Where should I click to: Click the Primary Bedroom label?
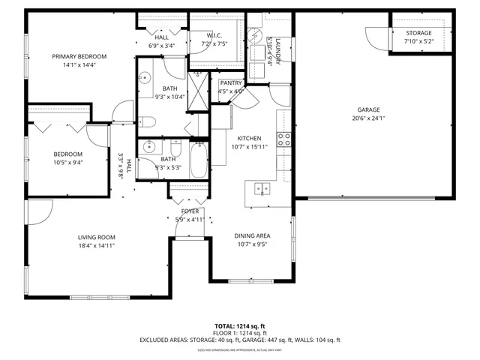[x=79, y=56]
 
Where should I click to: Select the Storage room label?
[x=418, y=33]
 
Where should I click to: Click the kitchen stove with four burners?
[x=284, y=138]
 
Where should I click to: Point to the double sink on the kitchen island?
[x=260, y=188]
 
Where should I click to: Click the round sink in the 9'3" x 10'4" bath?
[x=145, y=77]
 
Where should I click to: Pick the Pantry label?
[x=231, y=82]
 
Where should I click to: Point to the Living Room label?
[x=97, y=238]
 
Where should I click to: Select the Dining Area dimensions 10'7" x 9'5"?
[x=253, y=244]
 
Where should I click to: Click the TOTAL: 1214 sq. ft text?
[x=240, y=325]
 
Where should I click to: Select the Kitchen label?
[x=249, y=138]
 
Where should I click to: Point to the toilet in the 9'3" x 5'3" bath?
[x=175, y=144]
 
